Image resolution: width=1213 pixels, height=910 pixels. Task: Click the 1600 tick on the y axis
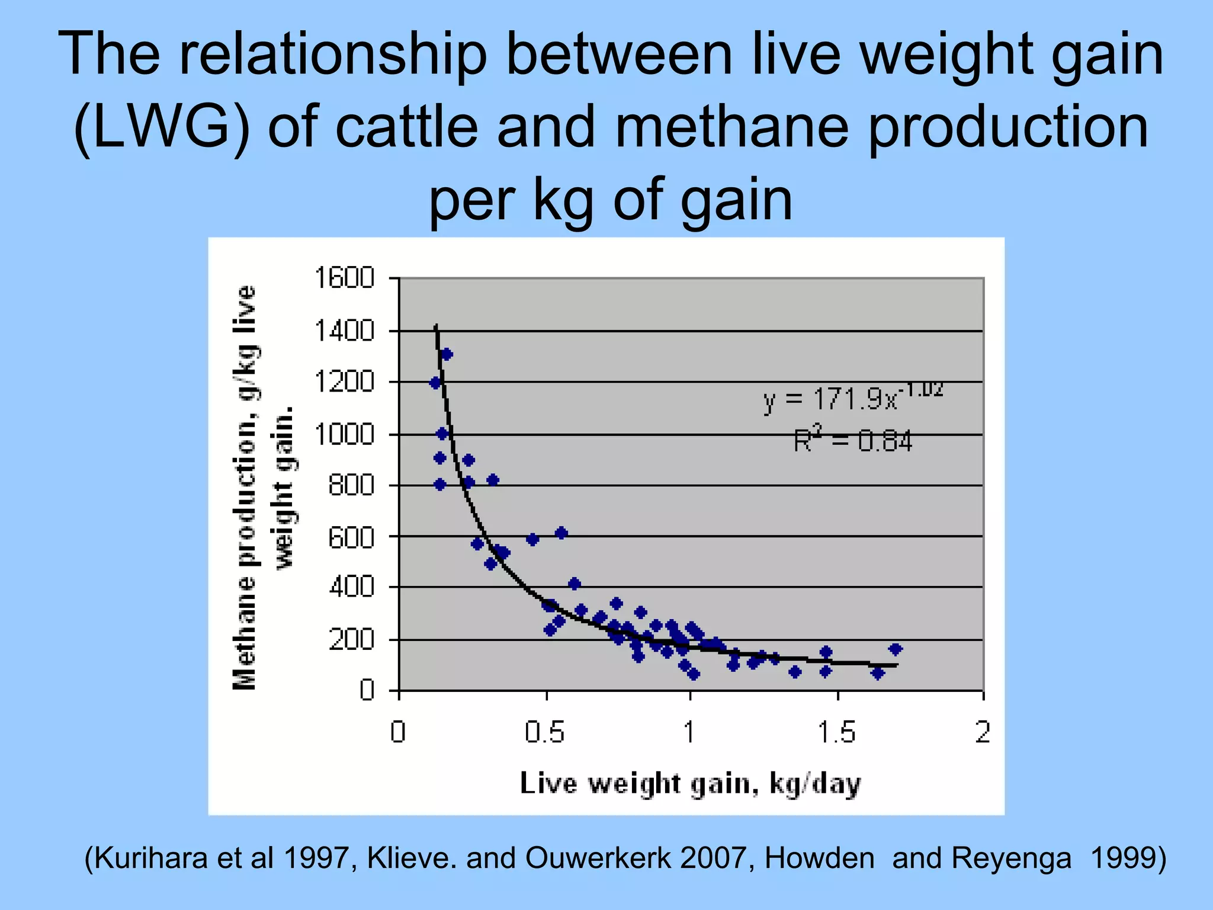344,278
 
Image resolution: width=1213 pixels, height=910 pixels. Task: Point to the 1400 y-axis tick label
344,331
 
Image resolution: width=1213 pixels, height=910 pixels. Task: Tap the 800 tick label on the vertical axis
351,486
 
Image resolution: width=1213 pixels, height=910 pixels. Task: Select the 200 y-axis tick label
351,640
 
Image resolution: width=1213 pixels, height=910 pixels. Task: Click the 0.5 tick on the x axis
544,733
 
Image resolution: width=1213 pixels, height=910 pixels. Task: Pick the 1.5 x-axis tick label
836,733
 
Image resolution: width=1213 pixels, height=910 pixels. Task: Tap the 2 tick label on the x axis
983,733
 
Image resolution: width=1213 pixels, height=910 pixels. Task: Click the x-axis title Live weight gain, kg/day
690,784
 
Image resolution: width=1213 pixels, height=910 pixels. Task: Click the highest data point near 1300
447,354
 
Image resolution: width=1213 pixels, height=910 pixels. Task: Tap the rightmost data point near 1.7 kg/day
895,649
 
